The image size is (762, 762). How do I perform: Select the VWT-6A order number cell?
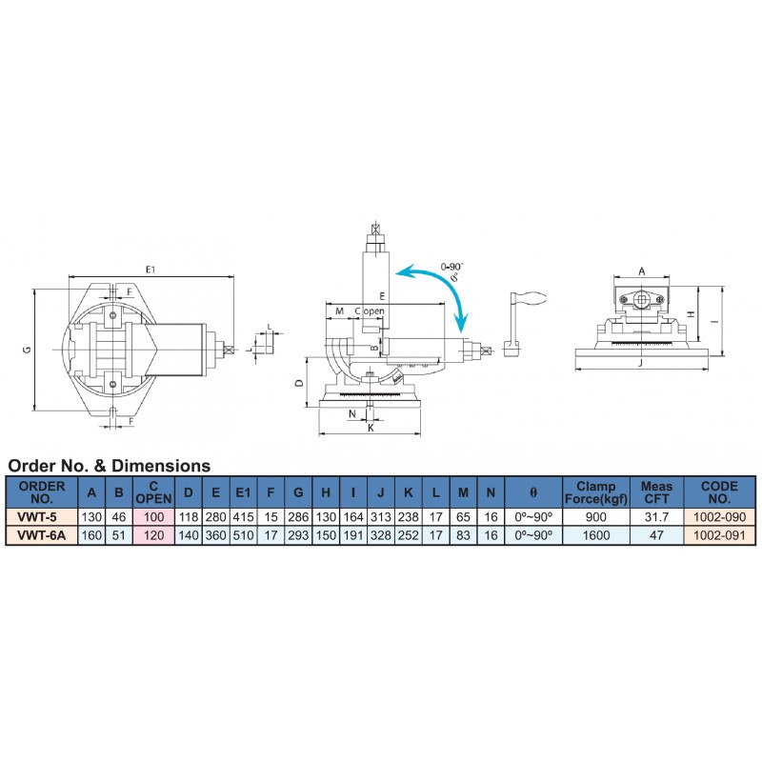[x=41, y=535]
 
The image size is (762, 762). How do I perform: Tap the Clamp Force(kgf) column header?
[x=596, y=492]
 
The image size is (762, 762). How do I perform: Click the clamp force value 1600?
[x=596, y=535]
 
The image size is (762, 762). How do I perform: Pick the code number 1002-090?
[x=719, y=516]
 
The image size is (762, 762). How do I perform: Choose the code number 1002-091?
[x=719, y=535]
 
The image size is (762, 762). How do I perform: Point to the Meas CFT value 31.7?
[x=656, y=516]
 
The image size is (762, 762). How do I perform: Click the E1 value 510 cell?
[x=243, y=535]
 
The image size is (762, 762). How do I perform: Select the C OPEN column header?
[x=153, y=492]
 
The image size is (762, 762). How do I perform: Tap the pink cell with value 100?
[x=153, y=516]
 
